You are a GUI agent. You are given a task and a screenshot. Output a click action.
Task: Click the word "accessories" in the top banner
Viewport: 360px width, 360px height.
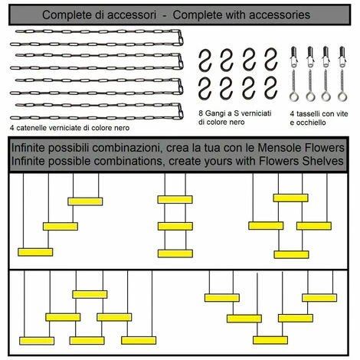(x=280, y=15)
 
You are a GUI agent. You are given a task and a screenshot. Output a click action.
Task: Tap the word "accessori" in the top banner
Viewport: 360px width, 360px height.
(x=132, y=15)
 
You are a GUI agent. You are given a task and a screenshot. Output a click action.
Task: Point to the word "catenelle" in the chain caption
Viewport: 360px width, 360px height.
(x=31, y=128)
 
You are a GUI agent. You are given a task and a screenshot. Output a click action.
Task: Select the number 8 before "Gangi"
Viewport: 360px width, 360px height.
(x=201, y=113)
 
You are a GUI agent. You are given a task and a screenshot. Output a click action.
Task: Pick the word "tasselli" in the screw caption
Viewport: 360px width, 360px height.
(x=306, y=113)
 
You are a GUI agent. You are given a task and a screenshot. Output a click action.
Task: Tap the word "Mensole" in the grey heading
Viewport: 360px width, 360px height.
(x=280, y=148)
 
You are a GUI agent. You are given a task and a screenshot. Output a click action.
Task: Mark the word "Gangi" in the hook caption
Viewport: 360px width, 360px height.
(x=215, y=113)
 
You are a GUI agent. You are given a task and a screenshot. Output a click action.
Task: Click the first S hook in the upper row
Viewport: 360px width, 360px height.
(x=205, y=61)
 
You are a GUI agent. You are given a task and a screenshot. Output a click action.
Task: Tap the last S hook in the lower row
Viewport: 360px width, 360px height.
(x=270, y=89)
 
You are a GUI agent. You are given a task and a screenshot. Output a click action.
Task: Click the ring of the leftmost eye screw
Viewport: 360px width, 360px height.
(x=294, y=97)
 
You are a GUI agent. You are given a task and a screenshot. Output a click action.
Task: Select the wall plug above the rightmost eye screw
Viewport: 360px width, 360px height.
(x=342, y=57)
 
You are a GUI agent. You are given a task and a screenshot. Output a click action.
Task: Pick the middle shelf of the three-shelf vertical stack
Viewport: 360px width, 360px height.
(x=175, y=226)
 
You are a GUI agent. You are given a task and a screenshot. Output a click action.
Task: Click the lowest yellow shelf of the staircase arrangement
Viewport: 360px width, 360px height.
(x=35, y=252)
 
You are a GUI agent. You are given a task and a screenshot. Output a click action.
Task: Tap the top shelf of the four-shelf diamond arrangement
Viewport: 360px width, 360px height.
(x=291, y=198)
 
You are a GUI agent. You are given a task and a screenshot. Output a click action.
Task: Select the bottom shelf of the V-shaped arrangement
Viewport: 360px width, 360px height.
(x=270, y=340)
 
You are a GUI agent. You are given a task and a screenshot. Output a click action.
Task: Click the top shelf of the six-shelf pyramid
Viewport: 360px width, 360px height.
(x=90, y=294)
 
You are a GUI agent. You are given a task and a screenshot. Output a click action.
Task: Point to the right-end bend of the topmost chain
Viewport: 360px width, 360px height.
(x=181, y=38)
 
